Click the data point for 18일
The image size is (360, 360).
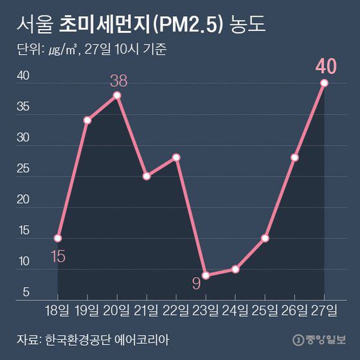tap(58, 238)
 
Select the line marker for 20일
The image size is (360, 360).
tap(118, 95)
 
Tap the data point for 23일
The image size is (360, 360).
tap(206, 275)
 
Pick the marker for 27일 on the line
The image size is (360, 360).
tap(325, 83)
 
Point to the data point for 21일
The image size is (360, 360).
tap(147, 175)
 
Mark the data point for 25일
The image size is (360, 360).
tap(265, 238)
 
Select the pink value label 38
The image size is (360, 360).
tap(118, 81)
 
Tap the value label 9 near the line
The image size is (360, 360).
tap(197, 282)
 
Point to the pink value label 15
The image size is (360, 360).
tap(57, 256)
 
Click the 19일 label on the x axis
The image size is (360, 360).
tap(87, 311)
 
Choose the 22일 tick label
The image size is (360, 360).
tap(176, 311)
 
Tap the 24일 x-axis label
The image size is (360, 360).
tap(235, 311)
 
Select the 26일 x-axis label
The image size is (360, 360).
tap(294, 311)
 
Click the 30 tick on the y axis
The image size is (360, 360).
tap(22, 138)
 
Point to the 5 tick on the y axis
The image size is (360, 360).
tap(26, 292)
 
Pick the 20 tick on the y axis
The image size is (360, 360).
tap(22, 199)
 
